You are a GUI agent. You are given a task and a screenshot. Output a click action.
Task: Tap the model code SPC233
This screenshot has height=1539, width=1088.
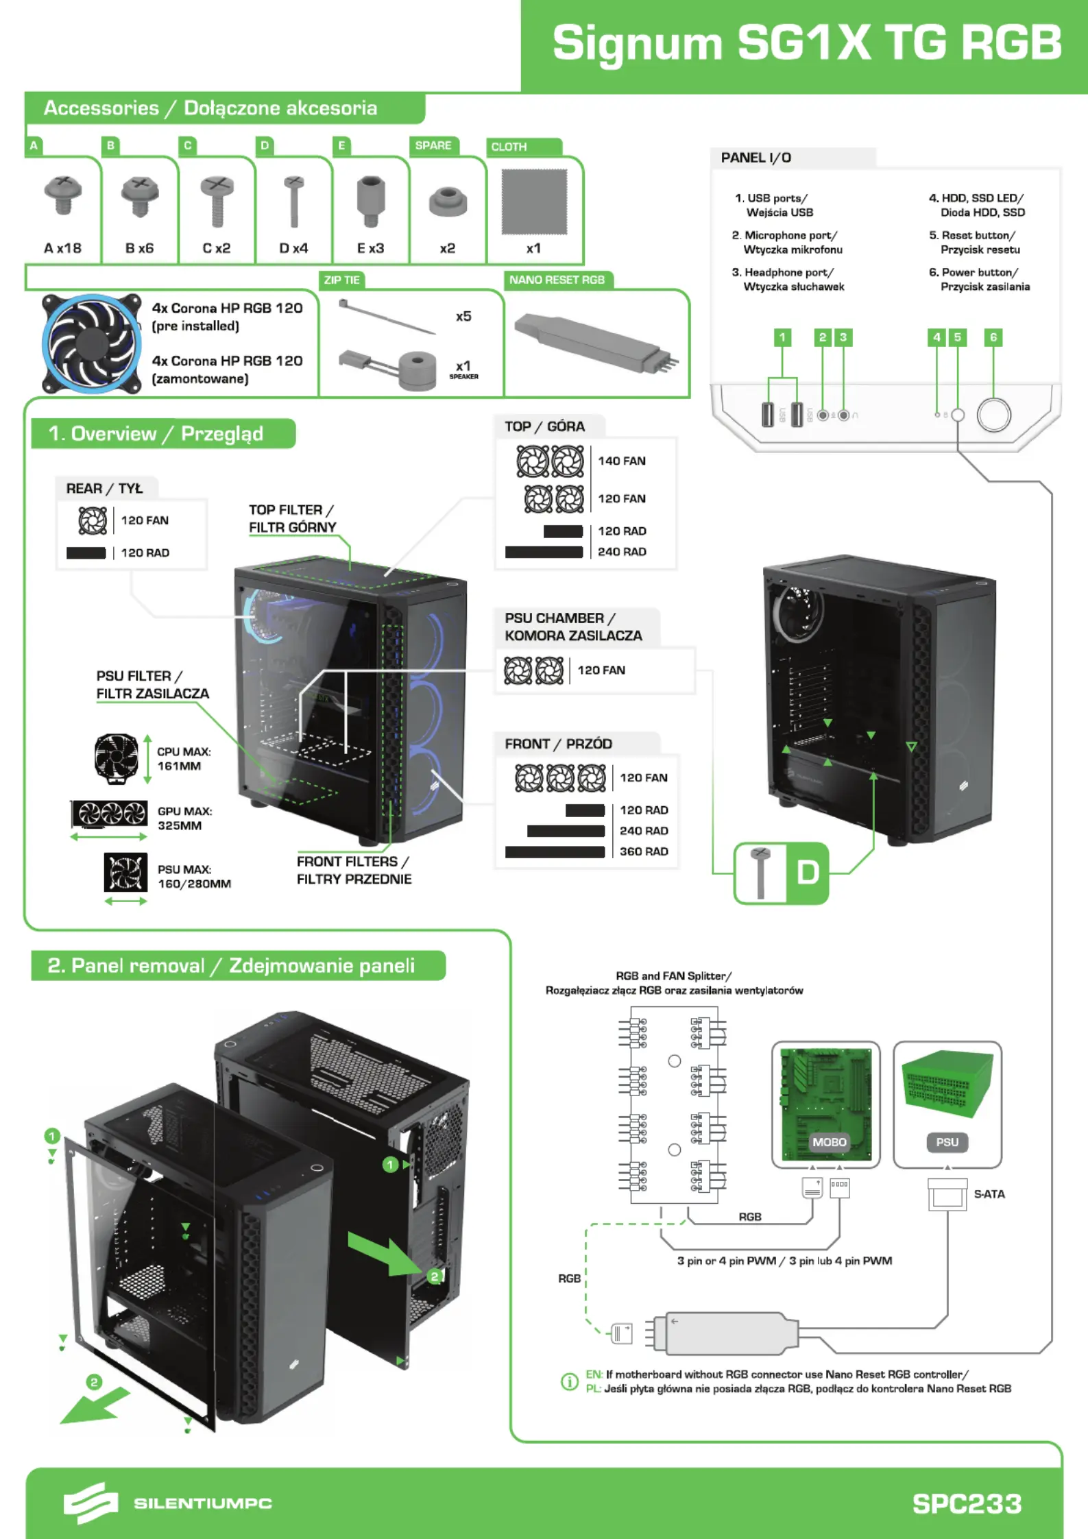(967, 1503)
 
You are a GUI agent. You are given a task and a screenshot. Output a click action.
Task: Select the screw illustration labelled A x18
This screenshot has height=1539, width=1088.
(63, 195)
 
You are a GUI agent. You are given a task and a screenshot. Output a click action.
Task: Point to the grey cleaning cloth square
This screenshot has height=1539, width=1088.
(534, 202)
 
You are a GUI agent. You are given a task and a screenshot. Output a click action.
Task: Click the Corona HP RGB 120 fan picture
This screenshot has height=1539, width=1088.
(91, 343)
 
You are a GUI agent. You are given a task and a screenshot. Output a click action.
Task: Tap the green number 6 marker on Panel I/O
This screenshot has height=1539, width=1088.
(993, 337)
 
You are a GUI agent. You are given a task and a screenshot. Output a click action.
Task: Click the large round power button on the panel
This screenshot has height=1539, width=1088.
(993, 415)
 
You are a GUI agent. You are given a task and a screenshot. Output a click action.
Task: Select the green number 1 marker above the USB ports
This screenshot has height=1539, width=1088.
(782, 337)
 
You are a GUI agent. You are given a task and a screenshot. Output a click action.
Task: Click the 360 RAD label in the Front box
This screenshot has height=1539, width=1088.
(644, 851)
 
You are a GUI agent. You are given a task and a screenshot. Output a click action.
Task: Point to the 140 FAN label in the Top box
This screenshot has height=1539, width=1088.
(622, 461)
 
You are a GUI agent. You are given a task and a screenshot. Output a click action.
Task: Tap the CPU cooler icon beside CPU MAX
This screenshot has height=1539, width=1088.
(117, 757)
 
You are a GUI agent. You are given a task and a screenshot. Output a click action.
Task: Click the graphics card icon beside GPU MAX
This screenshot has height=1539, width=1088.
(110, 814)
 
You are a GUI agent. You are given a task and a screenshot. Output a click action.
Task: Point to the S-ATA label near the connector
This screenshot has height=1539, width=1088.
(989, 1193)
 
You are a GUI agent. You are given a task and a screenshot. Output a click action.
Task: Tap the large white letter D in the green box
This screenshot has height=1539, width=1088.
(808, 873)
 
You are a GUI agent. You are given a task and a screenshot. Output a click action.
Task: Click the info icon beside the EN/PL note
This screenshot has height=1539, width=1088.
(570, 1381)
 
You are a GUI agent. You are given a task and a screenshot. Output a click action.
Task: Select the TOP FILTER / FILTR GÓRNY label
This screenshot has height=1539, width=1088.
(292, 518)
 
